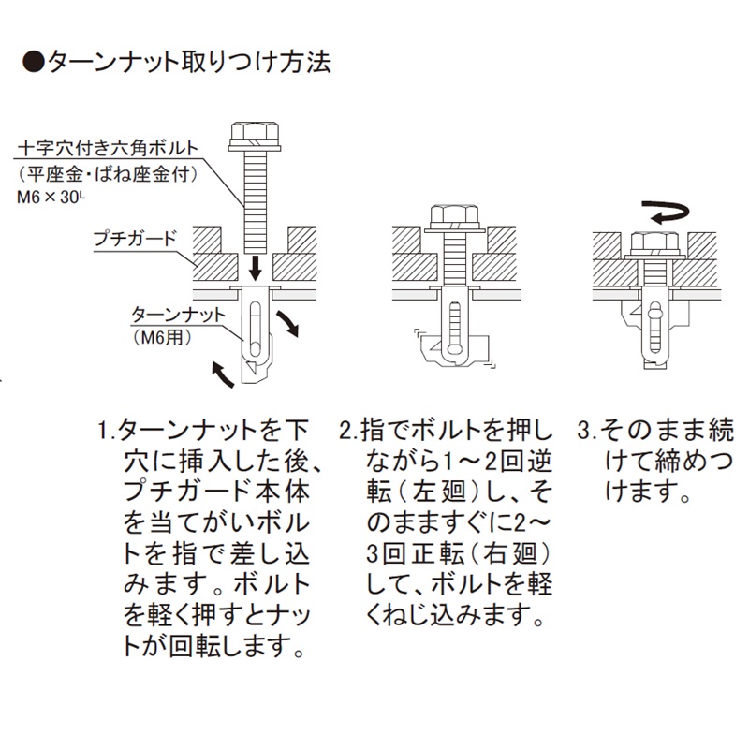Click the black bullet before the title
coord(33,63)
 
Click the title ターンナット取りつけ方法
coord(187,63)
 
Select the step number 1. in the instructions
coord(107,432)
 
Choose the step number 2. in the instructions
coord(347,432)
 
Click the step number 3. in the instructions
coord(586,432)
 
